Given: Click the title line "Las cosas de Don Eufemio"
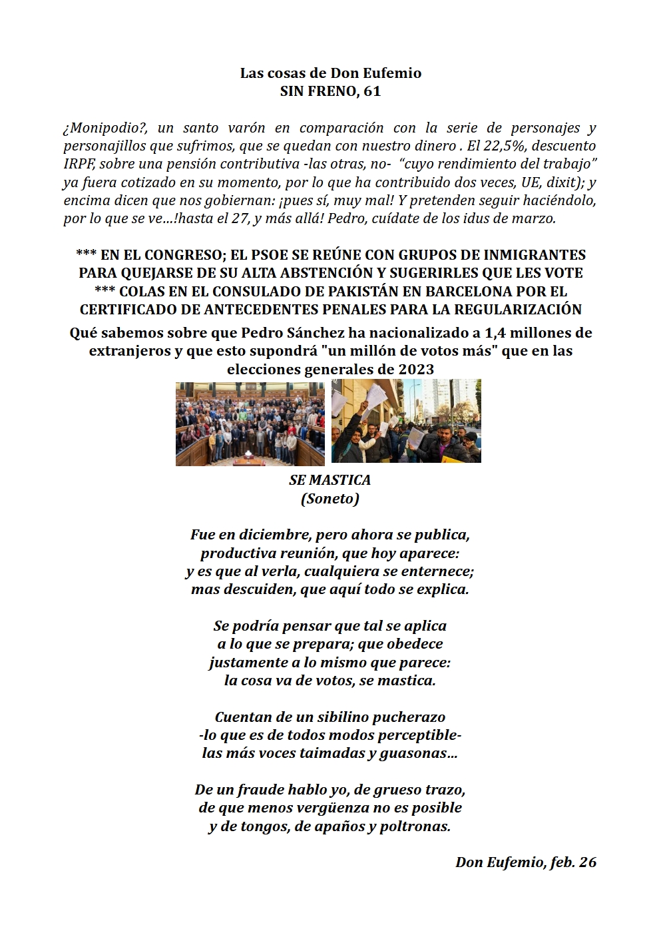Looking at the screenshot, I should tap(330, 73).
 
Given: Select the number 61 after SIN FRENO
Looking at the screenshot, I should tap(372, 91).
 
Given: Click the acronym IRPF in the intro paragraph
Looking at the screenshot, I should tap(79, 164).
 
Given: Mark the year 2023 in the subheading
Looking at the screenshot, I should tap(416, 369).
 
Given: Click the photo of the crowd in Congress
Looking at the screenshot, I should tap(250, 424).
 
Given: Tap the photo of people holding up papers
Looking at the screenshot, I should tap(406, 421).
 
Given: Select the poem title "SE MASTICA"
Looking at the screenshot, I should tap(330, 479).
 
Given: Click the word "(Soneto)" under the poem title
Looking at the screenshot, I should tap(330, 498).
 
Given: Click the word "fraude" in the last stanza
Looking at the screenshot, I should tap(260, 789).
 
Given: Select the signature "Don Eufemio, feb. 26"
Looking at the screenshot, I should tap(525, 862).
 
